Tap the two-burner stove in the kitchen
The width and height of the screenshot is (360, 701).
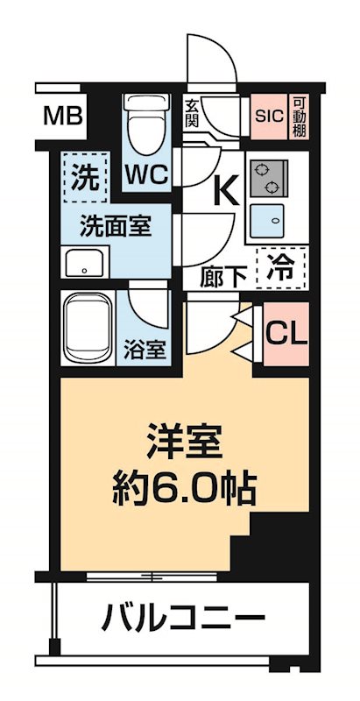pos(268,178)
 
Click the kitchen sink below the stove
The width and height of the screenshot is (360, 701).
pos(267,220)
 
